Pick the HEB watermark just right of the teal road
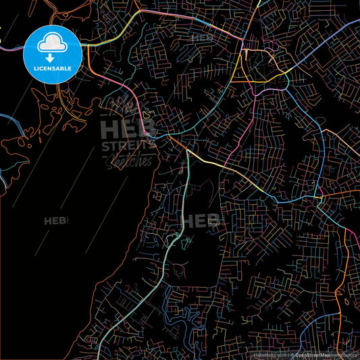click(203, 221)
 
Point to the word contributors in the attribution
click(345, 353)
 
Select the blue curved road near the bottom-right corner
click(317, 317)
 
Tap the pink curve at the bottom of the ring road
click(270, 88)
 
